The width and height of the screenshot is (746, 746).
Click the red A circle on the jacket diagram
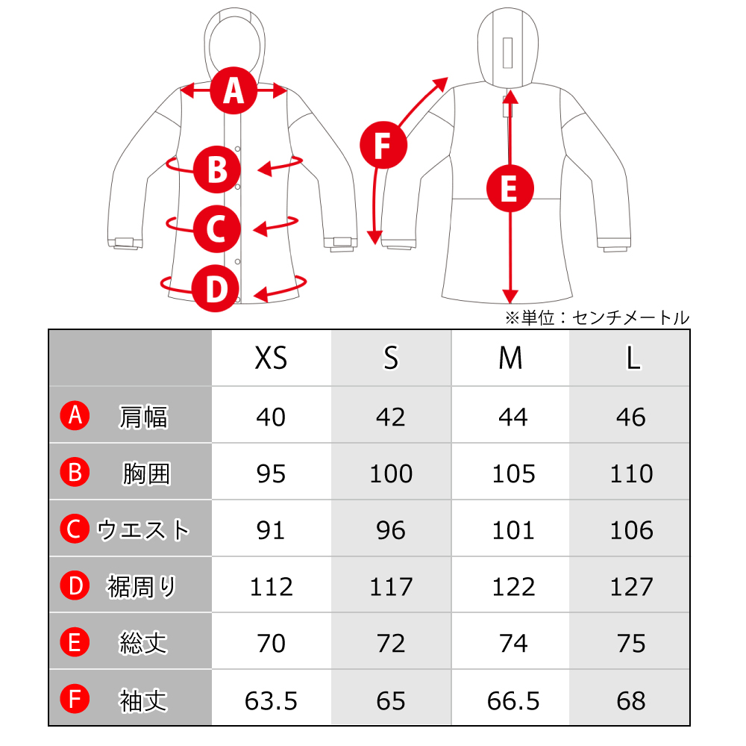(x=233, y=90)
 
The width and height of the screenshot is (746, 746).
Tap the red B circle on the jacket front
(x=217, y=169)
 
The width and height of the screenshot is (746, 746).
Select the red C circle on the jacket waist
(x=217, y=229)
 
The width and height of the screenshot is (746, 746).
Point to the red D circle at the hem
(x=216, y=289)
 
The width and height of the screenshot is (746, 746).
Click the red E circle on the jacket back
(x=510, y=188)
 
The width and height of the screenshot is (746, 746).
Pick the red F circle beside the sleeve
(x=383, y=145)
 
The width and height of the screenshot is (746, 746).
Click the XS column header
(x=272, y=358)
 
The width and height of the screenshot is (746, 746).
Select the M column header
(x=510, y=358)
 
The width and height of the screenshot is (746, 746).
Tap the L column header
(x=633, y=358)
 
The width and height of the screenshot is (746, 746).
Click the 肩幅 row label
(x=143, y=417)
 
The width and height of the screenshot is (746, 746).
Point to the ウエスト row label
(x=143, y=529)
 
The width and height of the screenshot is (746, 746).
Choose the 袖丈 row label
(x=143, y=700)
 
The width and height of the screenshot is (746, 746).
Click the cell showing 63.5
(x=272, y=700)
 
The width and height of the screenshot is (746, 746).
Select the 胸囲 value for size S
(x=391, y=473)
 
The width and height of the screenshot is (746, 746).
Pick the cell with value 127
(x=631, y=586)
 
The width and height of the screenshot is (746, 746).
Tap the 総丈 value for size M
(x=513, y=643)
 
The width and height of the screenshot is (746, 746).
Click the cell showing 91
(x=271, y=530)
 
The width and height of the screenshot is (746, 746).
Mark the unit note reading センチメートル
(x=630, y=318)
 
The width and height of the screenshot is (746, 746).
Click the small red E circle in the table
(x=75, y=642)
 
